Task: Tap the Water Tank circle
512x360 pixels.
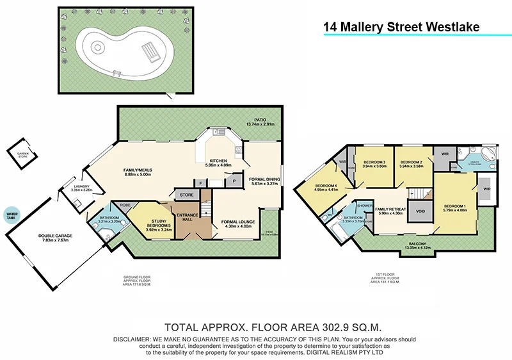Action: pyautogui.click(x=11, y=215)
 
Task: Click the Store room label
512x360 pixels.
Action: pyautogui.click(x=186, y=195)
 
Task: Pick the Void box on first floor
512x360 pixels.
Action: pyautogui.click(x=420, y=211)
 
